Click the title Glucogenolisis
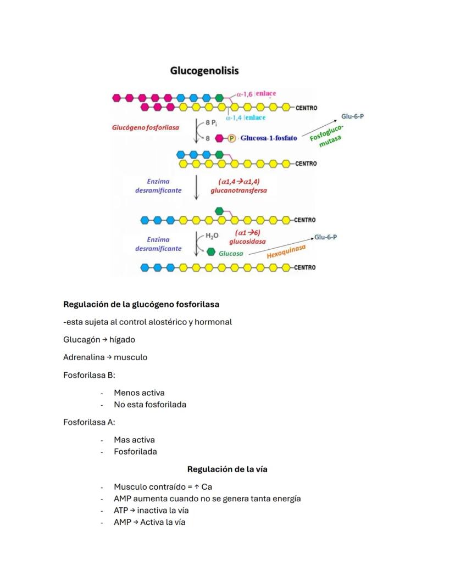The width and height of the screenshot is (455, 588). point(204,71)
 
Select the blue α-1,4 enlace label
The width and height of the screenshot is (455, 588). point(246,117)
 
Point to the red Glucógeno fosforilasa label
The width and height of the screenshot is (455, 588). point(146,127)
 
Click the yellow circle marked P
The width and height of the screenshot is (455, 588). point(231,138)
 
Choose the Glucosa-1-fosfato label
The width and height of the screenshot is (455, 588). point(269,138)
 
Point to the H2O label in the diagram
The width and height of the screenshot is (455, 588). point(212,236)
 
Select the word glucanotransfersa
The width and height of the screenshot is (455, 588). point(238,191)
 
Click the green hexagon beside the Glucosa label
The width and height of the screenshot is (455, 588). point(211,253)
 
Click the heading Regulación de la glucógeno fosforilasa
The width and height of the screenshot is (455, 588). point(141,304)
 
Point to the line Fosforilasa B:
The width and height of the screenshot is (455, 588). point(89,375)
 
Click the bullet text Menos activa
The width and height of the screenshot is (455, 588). point(139,393)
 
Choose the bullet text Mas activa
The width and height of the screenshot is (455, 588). point(134,440)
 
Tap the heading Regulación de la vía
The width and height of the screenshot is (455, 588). point(227,469)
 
